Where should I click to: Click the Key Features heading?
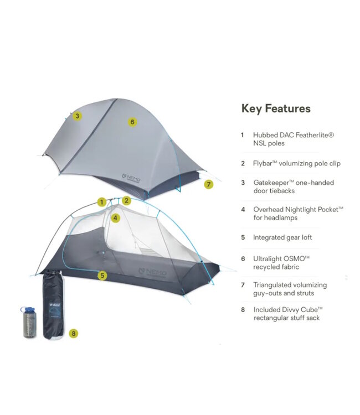click(276, 108)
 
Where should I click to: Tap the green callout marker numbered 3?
click(78, 116)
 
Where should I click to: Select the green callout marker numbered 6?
click(132, 122)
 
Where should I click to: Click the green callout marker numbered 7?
click(208, 185)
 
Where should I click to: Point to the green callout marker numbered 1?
click(102, 203)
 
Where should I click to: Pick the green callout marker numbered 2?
click(126, 200)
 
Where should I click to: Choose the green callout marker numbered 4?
click(115, 217)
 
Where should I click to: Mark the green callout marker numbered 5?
click(102, 274)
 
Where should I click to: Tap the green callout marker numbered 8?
click(74, 333)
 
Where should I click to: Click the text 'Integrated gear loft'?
click(282, 237)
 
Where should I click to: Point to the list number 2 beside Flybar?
click(243, 163)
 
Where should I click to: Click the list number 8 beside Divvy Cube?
click(243, 310)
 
